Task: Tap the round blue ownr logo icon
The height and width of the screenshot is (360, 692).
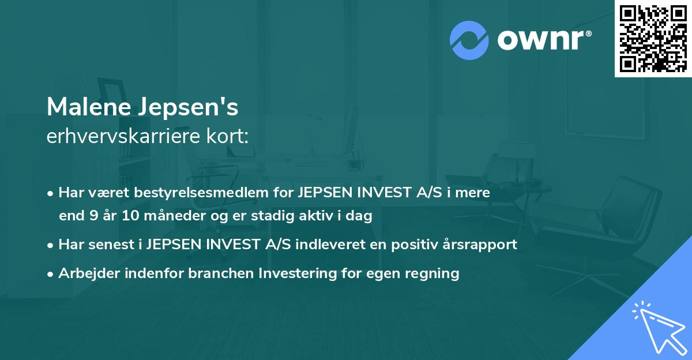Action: click(469, 40)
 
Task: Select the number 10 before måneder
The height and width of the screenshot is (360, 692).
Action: click(133, 216)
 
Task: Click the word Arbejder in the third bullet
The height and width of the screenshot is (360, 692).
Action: click(85, 273)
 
